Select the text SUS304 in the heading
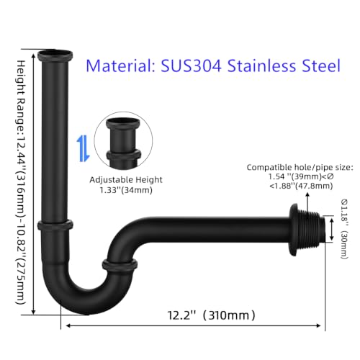[x=191, y=66]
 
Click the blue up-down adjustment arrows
[x=83, y=148]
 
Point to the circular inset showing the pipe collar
[x=123, y=141]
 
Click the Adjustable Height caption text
[x=126, y=180]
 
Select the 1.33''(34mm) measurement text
[x=126, y=190]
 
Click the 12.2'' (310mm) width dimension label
[x=211, y=315]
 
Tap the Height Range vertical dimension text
[x=21, y=182]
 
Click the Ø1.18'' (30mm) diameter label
[x=344, y=229]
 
